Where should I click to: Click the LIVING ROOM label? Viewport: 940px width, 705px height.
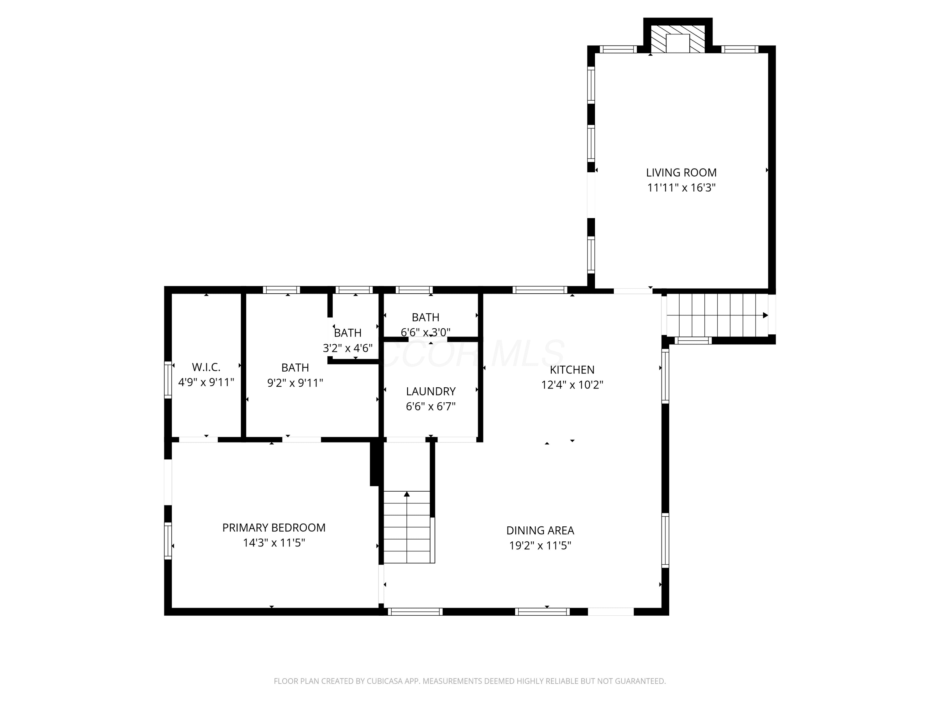point(681,173)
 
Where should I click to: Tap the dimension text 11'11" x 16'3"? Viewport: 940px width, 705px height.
point(681,187)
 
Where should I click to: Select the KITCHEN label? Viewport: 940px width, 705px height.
point(572,370)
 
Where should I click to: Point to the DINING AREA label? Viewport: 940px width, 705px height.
point(540,530)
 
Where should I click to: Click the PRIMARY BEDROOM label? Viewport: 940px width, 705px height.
point(274,528)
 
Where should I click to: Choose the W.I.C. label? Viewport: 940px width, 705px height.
point(206,367)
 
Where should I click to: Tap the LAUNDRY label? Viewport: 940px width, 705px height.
point(431,391)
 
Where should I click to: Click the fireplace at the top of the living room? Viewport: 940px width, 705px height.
point(678,39)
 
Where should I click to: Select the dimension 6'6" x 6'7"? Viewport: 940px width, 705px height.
point(431,407)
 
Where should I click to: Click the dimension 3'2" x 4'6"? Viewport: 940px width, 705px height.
point(347,348)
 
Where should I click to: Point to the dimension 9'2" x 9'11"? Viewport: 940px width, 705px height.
point(295,383)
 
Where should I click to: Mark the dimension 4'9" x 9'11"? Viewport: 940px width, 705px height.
point(206,383)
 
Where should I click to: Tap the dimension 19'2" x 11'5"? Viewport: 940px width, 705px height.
point(540,545)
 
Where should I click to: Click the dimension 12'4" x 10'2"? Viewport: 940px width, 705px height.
point(572,384)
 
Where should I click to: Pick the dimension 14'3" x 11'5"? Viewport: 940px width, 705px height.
point(274,543)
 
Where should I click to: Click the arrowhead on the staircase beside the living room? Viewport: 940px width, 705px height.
point(765,315)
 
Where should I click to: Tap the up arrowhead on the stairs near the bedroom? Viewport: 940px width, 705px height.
point(407,494)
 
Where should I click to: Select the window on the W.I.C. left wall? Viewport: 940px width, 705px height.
point(168,380)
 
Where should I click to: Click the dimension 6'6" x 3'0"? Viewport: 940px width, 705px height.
point(426,332)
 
